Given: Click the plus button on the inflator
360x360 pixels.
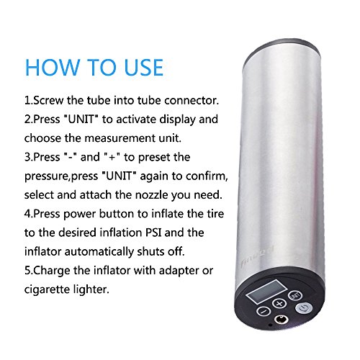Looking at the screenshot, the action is click(279, 303).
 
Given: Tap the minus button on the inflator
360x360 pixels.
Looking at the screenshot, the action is click(264, 311).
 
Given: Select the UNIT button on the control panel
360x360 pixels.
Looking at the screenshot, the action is click(295, 295).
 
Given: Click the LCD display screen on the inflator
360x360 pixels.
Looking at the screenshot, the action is click(266, 291).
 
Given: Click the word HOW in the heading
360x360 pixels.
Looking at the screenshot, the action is click(52, 68).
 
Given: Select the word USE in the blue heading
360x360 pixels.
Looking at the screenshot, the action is click(144, 68).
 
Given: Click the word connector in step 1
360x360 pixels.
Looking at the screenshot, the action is click(192, 100).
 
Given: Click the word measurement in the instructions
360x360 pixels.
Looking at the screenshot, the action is click(120, 138).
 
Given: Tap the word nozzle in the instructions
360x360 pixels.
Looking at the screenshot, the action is click(152, 195).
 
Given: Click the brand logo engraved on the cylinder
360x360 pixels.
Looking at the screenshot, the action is click(257, 257).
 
